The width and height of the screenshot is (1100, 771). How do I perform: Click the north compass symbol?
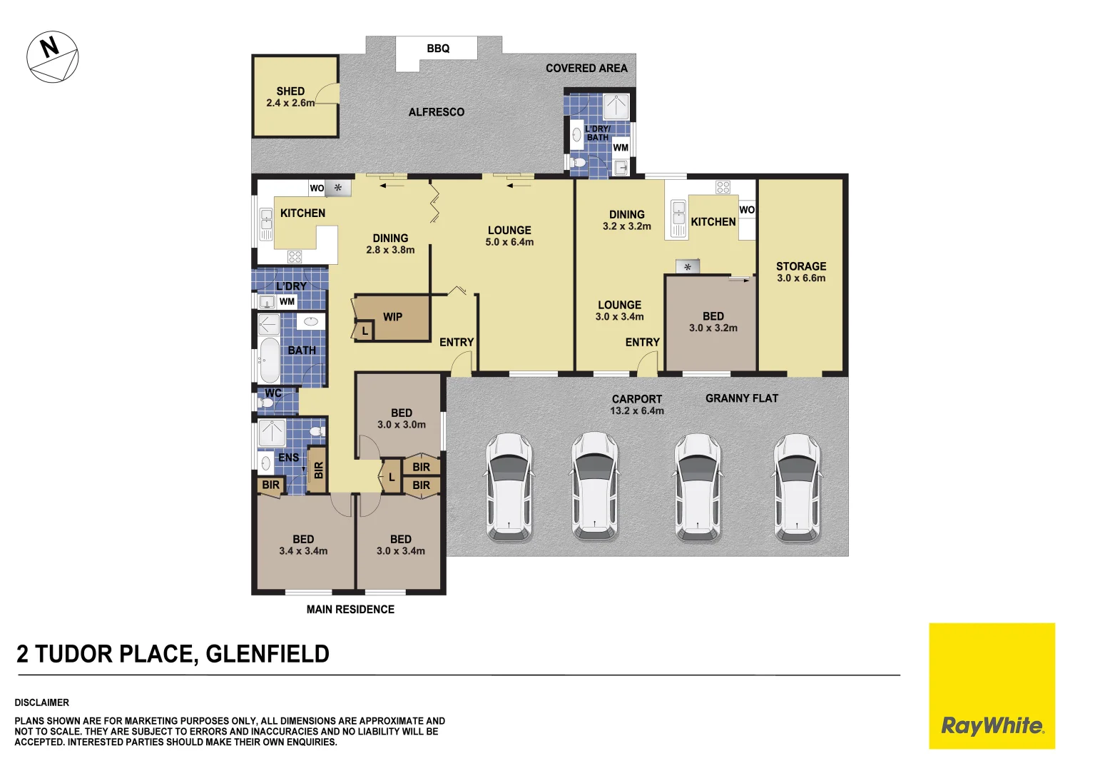pos(52,57)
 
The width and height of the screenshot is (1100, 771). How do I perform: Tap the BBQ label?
pos(438,49)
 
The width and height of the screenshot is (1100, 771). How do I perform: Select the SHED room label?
pos(290,96)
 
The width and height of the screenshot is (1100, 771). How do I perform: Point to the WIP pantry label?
pos(392,317)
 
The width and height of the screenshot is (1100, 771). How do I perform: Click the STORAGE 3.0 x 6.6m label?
pos(801,272)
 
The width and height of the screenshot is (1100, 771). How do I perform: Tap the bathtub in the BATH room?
pos(269,361)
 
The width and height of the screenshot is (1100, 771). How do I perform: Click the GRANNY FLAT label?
pos(742,398)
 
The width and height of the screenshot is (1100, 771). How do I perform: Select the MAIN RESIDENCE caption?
pos(350,610)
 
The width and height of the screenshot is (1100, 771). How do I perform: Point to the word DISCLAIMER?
pos(42,702)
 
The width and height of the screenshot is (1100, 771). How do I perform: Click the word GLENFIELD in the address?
pos(268,654)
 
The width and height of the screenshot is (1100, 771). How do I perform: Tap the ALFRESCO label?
pos(437,112)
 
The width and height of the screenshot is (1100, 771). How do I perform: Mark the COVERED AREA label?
pos(586,69)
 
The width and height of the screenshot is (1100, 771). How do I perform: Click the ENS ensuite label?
pos(288,458)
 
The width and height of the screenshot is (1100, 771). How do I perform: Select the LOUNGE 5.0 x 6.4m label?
pos(509,236)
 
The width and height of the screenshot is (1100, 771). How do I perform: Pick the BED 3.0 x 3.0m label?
pos(402,418)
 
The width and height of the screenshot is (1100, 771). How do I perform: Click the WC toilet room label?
pos(273,393)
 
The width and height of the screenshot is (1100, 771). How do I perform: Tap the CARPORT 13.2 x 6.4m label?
pos(637,405)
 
